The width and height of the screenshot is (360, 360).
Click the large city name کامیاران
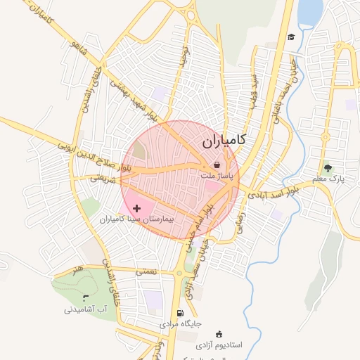click(x=224, y=140)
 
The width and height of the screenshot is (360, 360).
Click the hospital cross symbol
click(x=136, y=208)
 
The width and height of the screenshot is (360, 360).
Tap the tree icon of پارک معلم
click(x=327, y=168)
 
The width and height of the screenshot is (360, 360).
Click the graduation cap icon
click(x=291, y=37)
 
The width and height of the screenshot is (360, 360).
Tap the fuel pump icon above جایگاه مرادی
click(x=181, y=314)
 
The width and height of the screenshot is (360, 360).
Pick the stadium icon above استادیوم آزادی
click(x=219, y=334)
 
